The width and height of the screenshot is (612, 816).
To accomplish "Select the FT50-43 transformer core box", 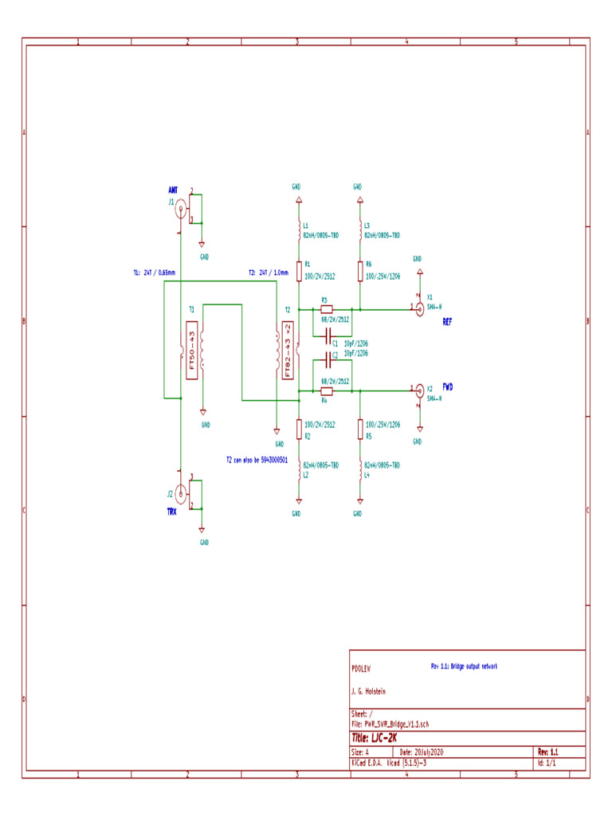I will click(x=190, y=351).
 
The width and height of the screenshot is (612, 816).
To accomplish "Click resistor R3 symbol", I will click(x=325, y=308).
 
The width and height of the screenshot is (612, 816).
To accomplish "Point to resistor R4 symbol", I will click(x=325, y=391).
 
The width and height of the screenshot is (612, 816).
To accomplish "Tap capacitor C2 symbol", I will click(x=327, y=359).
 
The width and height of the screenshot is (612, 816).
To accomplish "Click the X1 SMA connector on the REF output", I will click(x=419, y=308).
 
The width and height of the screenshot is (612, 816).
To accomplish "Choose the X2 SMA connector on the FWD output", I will click(x=419, y=390).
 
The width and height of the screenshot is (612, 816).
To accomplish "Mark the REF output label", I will click(x=448, y=323).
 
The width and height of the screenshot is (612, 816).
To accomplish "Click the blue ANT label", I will click(x=173, y=190).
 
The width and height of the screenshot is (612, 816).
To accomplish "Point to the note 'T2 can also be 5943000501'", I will click(x=257, y=460).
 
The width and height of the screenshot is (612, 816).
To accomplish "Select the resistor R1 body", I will click(x=299, y=271).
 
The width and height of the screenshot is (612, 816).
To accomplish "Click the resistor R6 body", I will click(x=360, y=271).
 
